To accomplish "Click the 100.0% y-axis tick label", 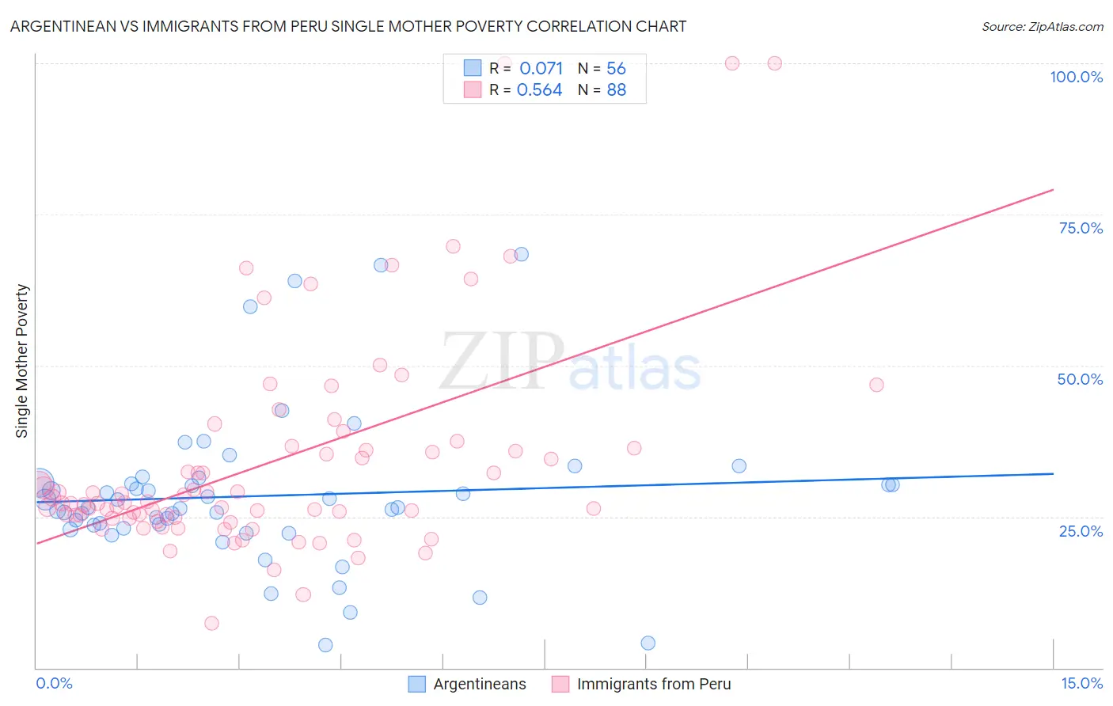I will coord(1076,77).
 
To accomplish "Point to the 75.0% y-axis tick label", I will coord(1081,228).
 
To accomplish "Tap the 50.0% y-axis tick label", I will coord(1080,379).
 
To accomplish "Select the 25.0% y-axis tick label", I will coord(1081,531).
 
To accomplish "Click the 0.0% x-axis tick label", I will coord(54,684).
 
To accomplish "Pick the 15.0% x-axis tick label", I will coord(1081,684).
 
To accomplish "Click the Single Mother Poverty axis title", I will coord(22,361).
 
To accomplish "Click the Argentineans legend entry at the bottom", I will coord(479,684).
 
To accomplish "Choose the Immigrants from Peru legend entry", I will coord(653,684).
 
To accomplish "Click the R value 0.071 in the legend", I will coord(541,68).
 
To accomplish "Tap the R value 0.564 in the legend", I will coord(539,90).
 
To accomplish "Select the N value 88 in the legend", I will coord(616,90).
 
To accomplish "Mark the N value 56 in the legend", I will coord(616,68).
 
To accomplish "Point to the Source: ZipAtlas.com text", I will coord(1042,26).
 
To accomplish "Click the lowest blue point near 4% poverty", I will coord(325,645).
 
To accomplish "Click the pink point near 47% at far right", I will coord(876,385).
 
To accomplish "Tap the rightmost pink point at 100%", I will coord(775,63).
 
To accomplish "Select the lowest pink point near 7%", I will coord(211,624).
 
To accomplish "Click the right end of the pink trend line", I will coord(1053,190).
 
